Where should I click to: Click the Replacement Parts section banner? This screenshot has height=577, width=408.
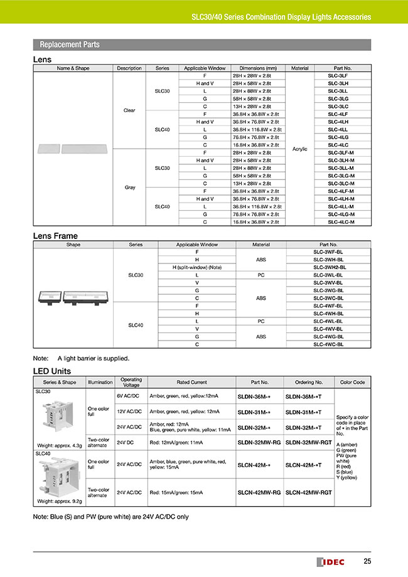click(70, 45)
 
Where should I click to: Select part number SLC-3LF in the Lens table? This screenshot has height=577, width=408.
click(338, 75)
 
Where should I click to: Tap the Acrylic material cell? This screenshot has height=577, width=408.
click(300, 149)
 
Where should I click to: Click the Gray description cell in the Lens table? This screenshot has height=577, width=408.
click(129, 187)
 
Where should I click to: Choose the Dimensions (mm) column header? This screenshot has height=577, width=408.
click(254, 68)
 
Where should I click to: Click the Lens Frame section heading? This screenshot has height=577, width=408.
click(55, 236)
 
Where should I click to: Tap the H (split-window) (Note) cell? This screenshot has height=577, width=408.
click(196, 267)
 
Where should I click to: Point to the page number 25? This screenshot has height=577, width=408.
click(366, 560)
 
